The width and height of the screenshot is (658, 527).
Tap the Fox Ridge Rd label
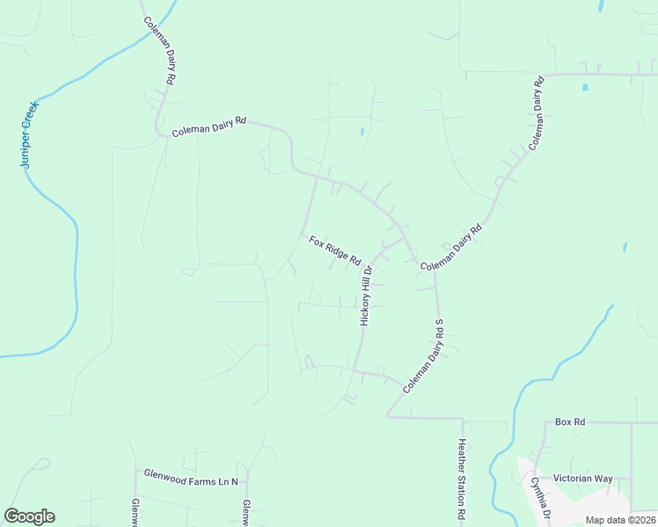(x=335, y=250)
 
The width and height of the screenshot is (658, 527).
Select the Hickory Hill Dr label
(x=367, y=297)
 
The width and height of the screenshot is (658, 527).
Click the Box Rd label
(x=570, y=422)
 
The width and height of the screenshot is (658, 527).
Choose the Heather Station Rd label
(x=460, y=479)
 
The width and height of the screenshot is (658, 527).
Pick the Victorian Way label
(x=582, y=479)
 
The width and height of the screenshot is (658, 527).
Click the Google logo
(x=29, y=516)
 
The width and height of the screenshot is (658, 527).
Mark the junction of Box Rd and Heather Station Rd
(x=460, y=419)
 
